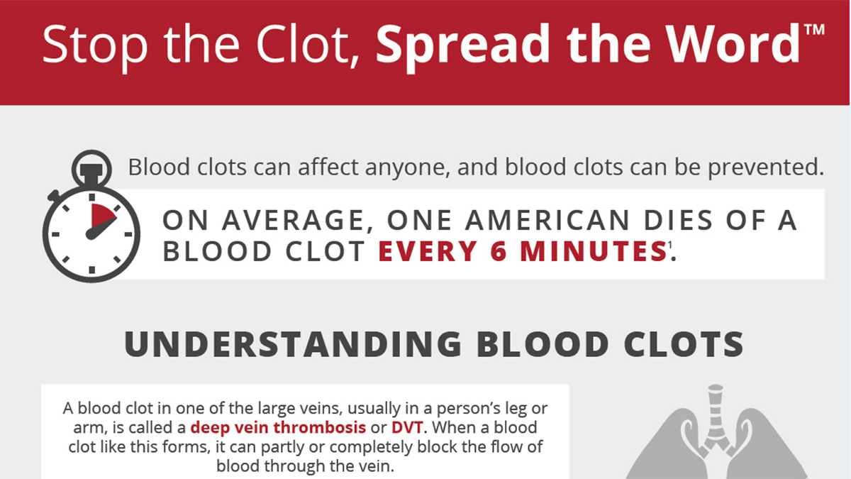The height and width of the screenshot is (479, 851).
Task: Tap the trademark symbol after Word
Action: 814,31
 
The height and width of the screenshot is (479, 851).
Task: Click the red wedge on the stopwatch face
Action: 103,216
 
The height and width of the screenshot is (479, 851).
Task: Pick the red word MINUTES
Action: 594,252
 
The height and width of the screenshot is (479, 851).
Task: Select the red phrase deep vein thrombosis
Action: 279,428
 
